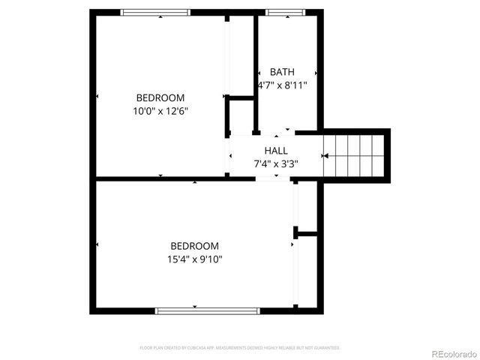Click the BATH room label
(x=282, y=72)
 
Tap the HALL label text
(x=275, y=151)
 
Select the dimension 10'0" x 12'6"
(x=160, y=111)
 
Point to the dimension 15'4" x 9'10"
(x=194, y=259)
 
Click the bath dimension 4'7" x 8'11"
(x=282, y=85)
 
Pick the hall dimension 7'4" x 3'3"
(x=275, y=163)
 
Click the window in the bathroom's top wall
(x=284, y=12)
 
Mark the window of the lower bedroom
(x=207, y=310)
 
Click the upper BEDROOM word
(x=160, y=97)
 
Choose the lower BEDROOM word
(x=194, y=246)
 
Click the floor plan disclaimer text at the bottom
(x=240, y=348)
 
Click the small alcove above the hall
(x=241, y=115)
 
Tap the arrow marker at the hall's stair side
(x=324, y=156)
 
